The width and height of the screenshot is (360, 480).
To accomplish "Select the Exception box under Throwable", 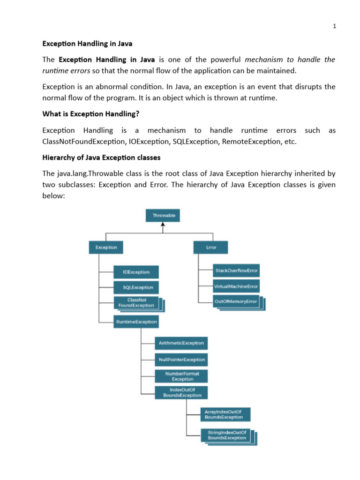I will tap(106, 247).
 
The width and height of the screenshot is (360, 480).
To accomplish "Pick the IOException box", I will tap(136, 272).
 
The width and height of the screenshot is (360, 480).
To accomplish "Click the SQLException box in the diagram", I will tap(136, 287).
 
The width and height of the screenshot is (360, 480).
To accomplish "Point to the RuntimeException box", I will tap(136, 322).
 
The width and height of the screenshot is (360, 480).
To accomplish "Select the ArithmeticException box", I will tap(181, 343).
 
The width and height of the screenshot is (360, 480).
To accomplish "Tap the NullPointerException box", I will tap(181, 360).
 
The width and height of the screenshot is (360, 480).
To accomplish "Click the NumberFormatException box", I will tap(181, 376).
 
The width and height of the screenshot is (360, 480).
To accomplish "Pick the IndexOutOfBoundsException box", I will tap(181, 392).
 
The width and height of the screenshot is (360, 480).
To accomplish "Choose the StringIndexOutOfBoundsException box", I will tap(225, 435).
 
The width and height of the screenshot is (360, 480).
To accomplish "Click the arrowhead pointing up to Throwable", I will tap(163, 225).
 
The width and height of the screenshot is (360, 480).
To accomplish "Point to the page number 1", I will tap(335, 26).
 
